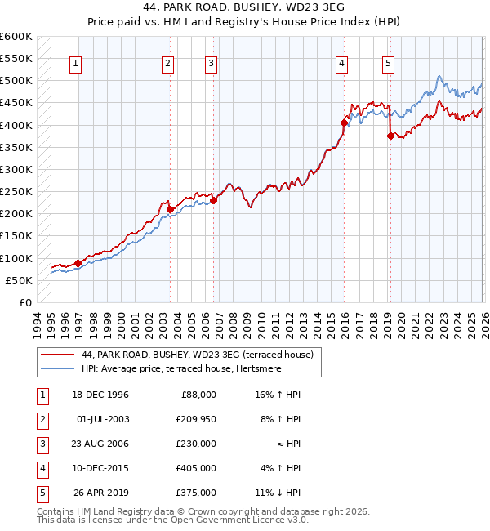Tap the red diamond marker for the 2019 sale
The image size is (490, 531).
tap(390, 136)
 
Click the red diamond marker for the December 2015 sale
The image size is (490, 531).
tap(344, 123)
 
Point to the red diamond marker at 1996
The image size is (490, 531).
tap(78, 263)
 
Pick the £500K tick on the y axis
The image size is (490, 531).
tap(16, 81)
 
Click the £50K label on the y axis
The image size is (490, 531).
tap(19, 280)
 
